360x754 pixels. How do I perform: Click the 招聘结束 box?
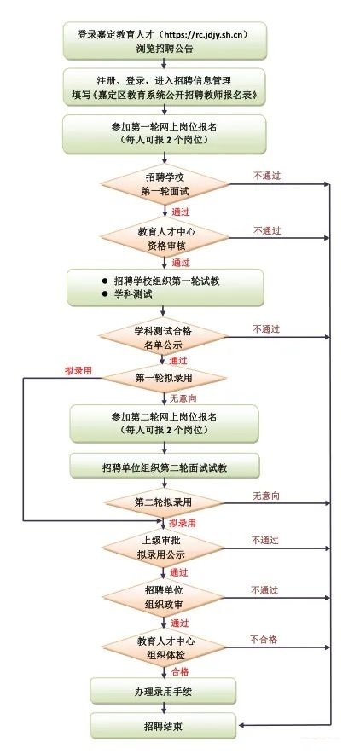pyautogui.click(x=163, y=725)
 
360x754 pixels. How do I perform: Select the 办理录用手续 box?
pyautogui.click(x=163, y=692)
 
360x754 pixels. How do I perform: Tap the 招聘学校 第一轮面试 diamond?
pyautogui.click(x=165, y=183)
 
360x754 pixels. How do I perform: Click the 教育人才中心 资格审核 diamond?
pyautogui.click(x=165, y=239)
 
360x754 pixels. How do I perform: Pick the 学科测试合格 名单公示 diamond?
pyautogui.click(x=164, y=337)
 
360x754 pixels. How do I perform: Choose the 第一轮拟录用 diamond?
pyautogui.click(x=164, y=378)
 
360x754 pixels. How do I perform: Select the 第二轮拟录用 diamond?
pyautogui.click(x=164, y=502)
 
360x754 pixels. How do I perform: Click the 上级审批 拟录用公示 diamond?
pyautogui.click(x=164, y=548)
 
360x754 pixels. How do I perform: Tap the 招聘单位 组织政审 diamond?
pyautogui.click(x=164, y=598)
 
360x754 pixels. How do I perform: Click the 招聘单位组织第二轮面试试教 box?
pyautogui.click(x=165, y=466)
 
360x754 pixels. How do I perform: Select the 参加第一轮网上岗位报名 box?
pyautogui.click(x=164, y=134)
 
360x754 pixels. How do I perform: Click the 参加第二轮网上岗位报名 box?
pyautogui.click(x=165, y=423)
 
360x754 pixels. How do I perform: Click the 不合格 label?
pyautogui.click(x=264, y=639)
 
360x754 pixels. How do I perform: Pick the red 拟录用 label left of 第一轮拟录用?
pyautogui.click(x=78, y=371)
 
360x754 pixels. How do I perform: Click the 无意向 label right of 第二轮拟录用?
pyautogui.click(x=266, y=496)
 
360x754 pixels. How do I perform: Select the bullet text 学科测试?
pyautogui.click(x=133, y=293)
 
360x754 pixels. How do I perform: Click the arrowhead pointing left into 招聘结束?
pyautogui.click(x=241, y=725)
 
